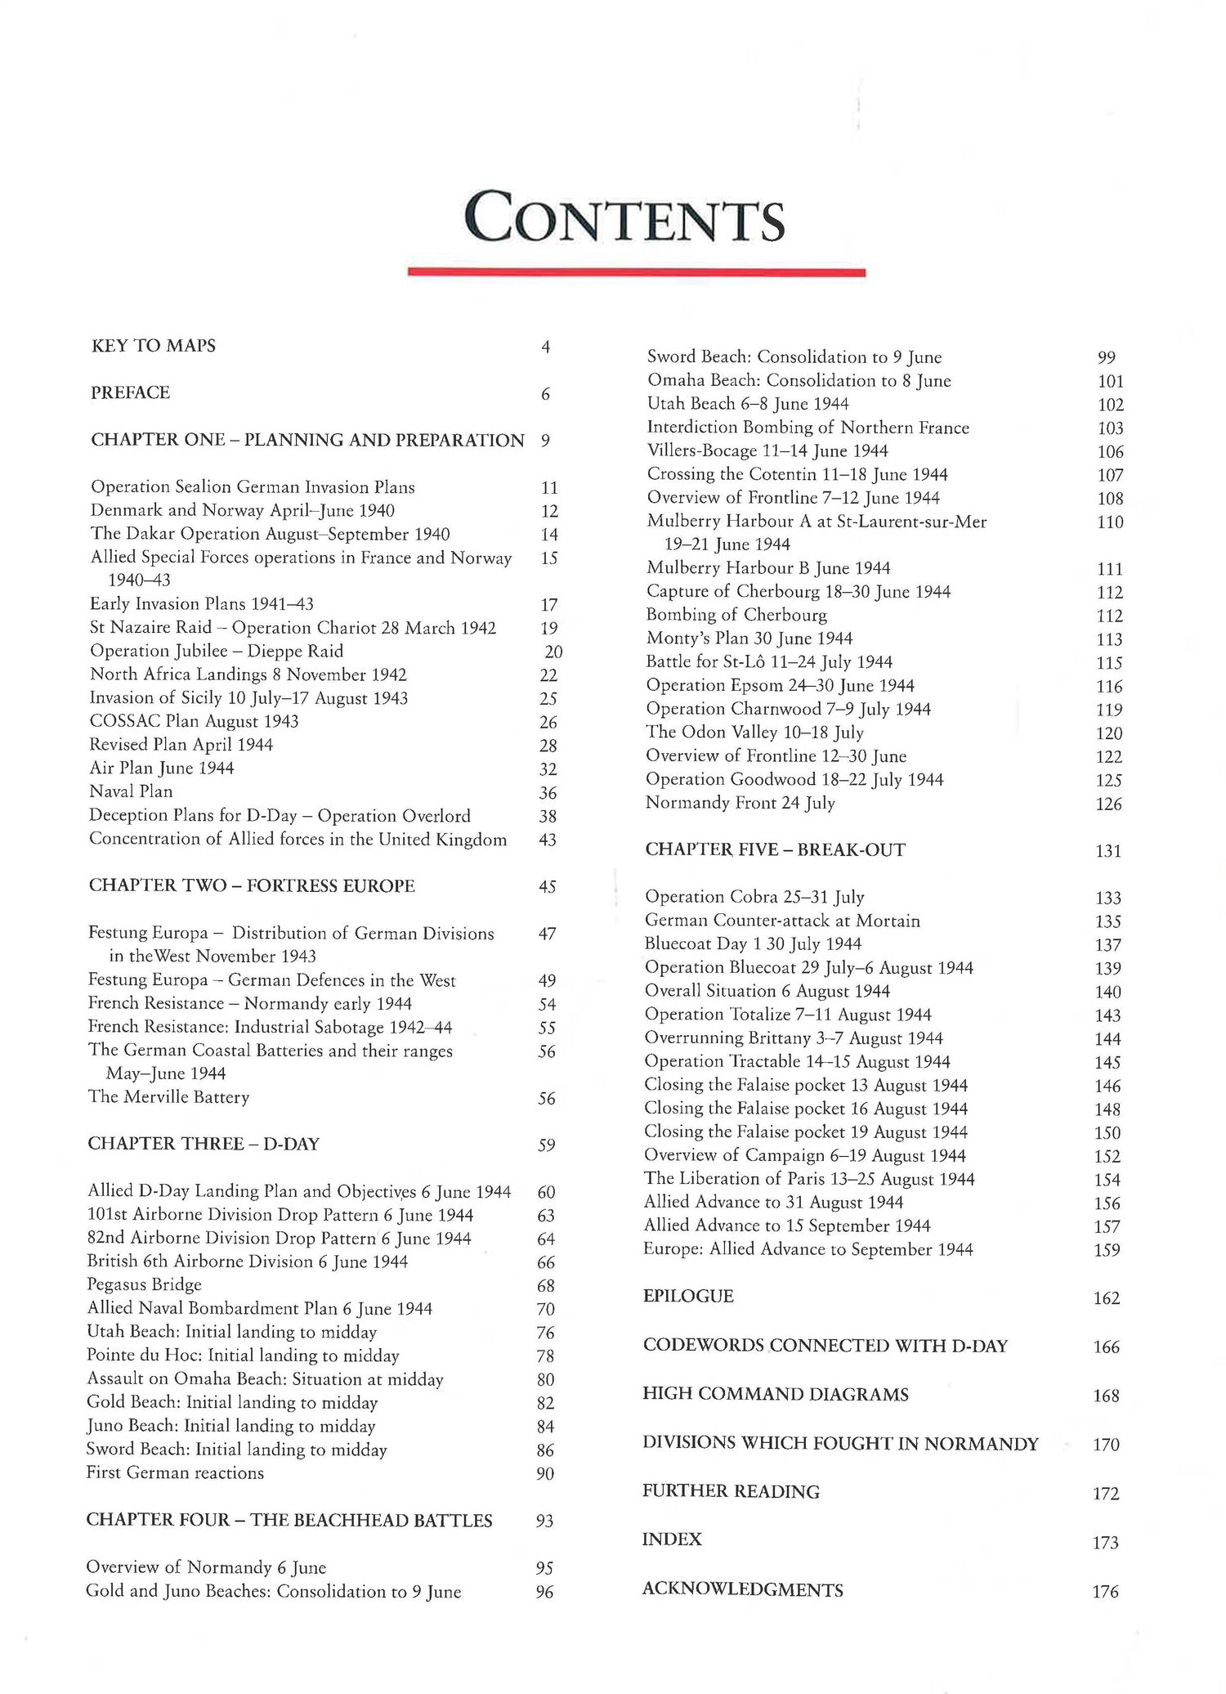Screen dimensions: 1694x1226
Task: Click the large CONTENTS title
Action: pyautogui.click(x=624, y=218)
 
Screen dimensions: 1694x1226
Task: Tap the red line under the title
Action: pyautogui.click(x=636, y=272)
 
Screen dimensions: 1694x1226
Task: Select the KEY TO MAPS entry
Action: pyautogui.click(x=154, y=346)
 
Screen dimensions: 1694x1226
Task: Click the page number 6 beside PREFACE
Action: pyautogui.click(x=545, y=394)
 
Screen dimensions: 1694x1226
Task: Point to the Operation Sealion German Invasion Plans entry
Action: pyautogui.click(x=253, y=487)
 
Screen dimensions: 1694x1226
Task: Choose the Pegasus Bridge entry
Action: pyautogui.click(x=144, y=1284)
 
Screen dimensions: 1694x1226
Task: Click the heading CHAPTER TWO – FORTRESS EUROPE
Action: pyautogui.click(x=252, y=886)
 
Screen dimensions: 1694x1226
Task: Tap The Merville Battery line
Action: pyautogui.click(x=168, y=1097)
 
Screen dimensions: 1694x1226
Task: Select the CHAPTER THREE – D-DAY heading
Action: pyautogui.click(x=204, y=1144)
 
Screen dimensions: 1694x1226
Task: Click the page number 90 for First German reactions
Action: pyautogui.click(x=545, y=1473)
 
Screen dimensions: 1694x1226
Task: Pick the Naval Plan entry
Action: pyautogui.click(x=131, y=791)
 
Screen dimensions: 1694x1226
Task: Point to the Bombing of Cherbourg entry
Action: pyautogui.click(x=736, y=615)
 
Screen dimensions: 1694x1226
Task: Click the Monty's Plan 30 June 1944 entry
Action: pyautogui.click(x=749, y=639)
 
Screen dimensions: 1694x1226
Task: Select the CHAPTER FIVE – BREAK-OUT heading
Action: pyautogui.click(x=775, y=850)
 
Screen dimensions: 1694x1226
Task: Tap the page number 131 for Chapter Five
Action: pyautogui.click(x=1108, y=851)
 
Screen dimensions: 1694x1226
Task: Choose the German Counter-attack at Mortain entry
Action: pyautogui.click(x=782, y=921)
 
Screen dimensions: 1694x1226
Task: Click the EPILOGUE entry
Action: pyautogui.click(x=688, y=1297)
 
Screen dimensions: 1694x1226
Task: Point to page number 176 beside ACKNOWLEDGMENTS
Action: pyautogui.click(x=1105, y=1591)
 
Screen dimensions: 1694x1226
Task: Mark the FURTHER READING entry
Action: pyautogui.click(x=731, y=1491)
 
